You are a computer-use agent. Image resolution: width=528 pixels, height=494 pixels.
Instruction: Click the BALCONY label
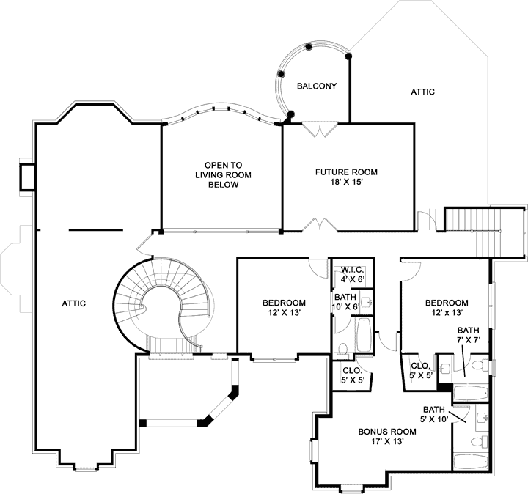click(317, 86)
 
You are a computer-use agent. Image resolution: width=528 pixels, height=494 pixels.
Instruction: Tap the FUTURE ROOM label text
click(346, 172)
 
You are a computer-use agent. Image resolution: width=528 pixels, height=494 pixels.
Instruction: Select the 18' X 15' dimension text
click(346, 183)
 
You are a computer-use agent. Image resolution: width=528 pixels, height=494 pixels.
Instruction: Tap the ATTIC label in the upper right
click(422, 92)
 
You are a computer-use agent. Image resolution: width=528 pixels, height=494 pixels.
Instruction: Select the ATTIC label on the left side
click(74, 303)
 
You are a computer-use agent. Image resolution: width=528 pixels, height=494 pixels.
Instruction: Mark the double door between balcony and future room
click(320, 129)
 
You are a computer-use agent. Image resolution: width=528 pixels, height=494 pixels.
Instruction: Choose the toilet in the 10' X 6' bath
click(343, 349)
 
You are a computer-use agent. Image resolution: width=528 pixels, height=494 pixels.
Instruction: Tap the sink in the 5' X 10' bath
click(480, 418)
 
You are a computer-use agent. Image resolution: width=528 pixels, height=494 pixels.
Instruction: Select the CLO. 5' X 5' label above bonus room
click(350, 375)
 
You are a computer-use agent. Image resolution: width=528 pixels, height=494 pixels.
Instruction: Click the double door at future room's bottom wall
click(321, 225)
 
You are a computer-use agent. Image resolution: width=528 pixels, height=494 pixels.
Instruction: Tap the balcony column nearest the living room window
click(291, 115)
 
